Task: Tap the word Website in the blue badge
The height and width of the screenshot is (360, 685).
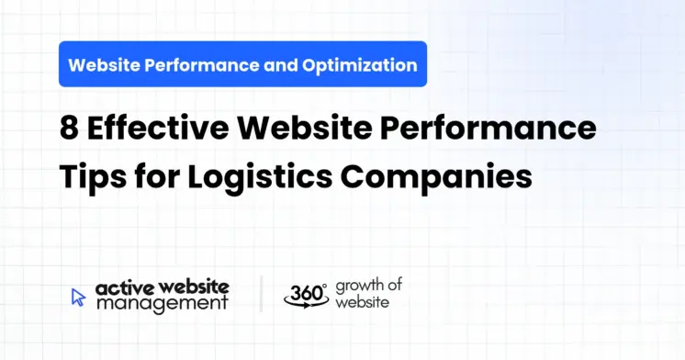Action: pos(103,65)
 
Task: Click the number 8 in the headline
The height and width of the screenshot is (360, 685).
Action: pos(69,129)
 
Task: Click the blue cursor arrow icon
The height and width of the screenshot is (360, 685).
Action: pos(78,297)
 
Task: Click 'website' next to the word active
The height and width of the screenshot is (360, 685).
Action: pos(193,287)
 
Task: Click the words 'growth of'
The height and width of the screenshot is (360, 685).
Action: pos(368,285)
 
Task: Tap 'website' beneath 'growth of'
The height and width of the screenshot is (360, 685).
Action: pos(361,301)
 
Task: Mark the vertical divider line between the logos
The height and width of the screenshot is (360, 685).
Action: pos(261,294)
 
